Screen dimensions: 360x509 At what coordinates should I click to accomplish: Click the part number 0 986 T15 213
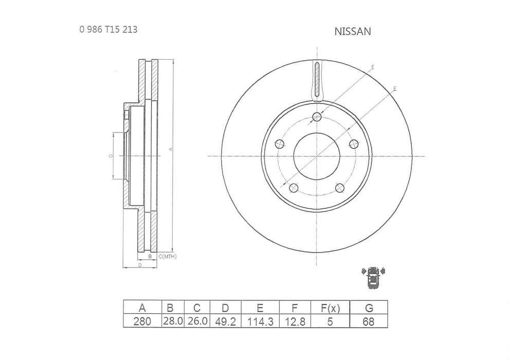point(108,29)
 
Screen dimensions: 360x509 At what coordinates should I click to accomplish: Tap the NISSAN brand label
point(353,31)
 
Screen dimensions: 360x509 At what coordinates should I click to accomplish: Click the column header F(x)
point(331,308)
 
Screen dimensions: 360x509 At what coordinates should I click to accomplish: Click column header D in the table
point(225,308)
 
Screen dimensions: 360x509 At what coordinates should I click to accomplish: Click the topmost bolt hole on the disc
point(317,117)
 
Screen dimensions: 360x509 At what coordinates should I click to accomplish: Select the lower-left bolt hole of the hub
point(293,187)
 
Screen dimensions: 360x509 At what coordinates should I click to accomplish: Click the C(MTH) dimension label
point(167,256)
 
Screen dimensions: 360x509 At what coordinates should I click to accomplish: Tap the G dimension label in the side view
point(111,156)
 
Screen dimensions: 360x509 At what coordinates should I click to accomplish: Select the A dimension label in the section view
point(170,150)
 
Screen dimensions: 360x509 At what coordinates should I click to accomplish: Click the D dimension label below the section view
point(140,265)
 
